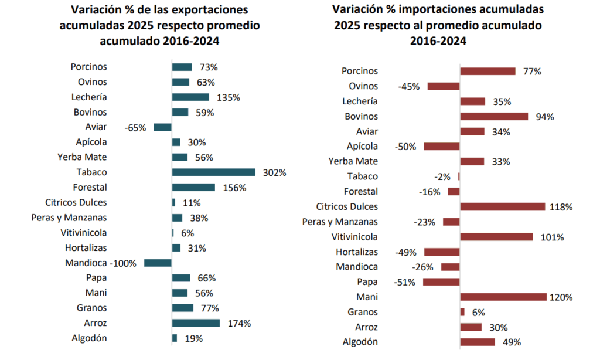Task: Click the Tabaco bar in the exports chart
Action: click(x=213, y=172)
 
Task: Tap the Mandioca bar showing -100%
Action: click(x=158, y=263)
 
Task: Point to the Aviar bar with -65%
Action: click(x=162, y=127)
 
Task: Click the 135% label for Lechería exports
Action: click(x=229, y=97)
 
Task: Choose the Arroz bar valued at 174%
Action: click(x=196, y=323)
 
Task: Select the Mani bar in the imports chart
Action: click(x=503, y=297)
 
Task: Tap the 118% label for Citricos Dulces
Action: click(x=561, y=207)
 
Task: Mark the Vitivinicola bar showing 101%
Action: click(x=496, y=237)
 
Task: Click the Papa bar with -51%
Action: click(x=441, y=282)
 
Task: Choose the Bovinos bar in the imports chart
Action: click(x=494, y=116)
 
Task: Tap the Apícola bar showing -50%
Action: click(x=442, y=146)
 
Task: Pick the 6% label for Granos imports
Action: click(x=478, y=313)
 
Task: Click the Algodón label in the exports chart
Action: click(x=89, y=338)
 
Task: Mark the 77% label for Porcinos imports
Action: click(x=532, y=72)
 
